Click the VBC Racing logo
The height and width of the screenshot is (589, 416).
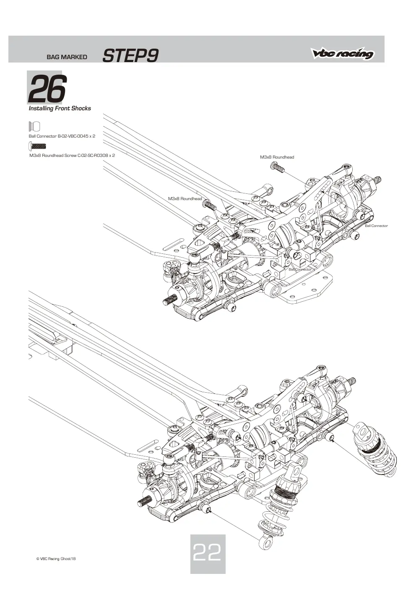click(x=342, y=53)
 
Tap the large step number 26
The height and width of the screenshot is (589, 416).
click(x=47, y=89)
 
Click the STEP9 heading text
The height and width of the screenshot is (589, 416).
click(x=130, y=56)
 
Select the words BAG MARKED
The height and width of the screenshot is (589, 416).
click(x=67, y=57)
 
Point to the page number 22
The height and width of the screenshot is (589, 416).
click(x=207, y=552)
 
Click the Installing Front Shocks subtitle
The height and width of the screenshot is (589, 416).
click(x=60, y=108)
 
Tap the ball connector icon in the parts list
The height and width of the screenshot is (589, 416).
click(x=34, y=126)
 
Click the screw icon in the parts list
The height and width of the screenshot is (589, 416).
click(x=37, y=146)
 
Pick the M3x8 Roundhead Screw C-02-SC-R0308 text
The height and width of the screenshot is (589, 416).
click(x=72, y=155)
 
